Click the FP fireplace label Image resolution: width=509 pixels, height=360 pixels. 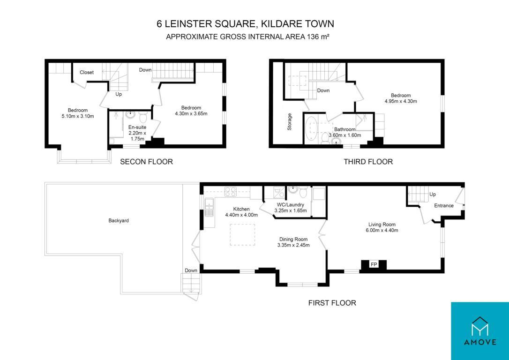(x=374, y=265)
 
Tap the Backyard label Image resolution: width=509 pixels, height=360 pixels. (x=119, y=220)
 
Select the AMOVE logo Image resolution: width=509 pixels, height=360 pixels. (x=480, y=331)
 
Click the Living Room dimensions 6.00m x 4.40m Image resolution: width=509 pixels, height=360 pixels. (x=382, y=231)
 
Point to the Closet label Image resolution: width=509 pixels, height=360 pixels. (x=87, y=72)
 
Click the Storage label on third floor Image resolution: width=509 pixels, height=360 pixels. (x=289, y=122)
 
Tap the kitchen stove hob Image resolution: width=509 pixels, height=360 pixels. (x=231, y=192)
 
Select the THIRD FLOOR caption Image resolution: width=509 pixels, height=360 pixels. (x=368, y=162)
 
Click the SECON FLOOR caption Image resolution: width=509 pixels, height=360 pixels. (x=146, y=162)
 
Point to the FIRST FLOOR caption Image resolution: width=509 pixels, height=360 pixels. (x=332, y=303)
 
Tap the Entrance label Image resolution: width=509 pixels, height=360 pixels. (x=444, y=205)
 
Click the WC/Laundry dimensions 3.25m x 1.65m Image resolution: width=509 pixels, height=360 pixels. (x=291, y=210)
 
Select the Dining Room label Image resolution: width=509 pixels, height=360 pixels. (x=293, y=239)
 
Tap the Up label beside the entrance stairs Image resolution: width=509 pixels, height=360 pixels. (x=433, y=195)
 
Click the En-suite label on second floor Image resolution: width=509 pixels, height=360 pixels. (x=137, y=127)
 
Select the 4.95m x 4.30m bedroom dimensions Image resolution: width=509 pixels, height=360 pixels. (x=401, y=101)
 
